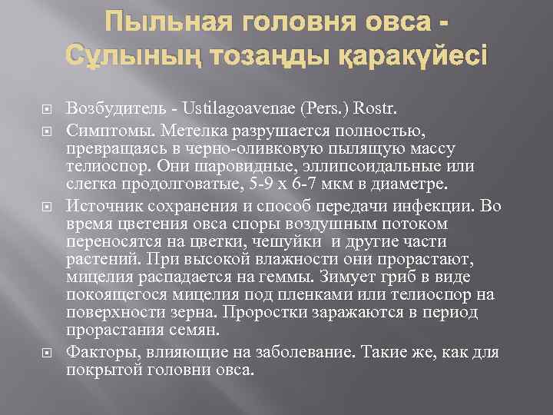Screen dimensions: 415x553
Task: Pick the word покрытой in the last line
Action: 102,370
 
